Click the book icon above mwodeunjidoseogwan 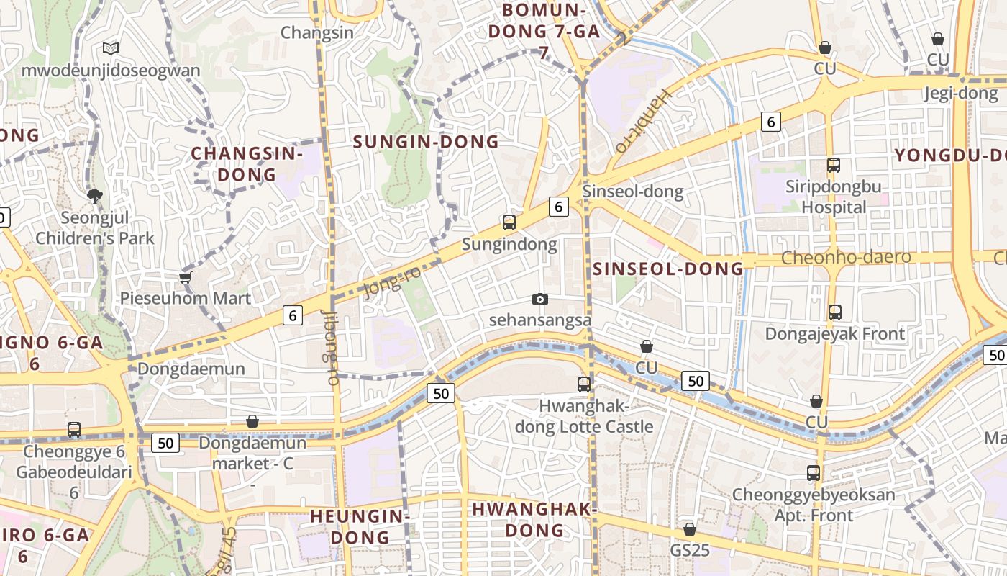tap(110, 48)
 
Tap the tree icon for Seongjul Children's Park tap(94, 196)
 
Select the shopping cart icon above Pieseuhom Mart tap(185, 277)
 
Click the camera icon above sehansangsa tap(539, 299)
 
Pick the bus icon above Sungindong tap(509, 222)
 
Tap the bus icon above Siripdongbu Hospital tap(834, 165)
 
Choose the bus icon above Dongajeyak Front tap(835, 312)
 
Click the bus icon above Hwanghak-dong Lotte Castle tap(584, 384)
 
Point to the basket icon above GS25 tap(690, 529)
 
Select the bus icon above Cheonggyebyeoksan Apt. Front tap(814, 473)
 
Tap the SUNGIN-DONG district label tap(426, 142)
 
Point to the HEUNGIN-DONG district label tap(359, 526)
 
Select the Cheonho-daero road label tap(846, 257)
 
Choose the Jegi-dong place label tap(961, 93)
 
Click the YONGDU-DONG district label tap(949, 155)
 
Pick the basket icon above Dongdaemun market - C tap(252, 421)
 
